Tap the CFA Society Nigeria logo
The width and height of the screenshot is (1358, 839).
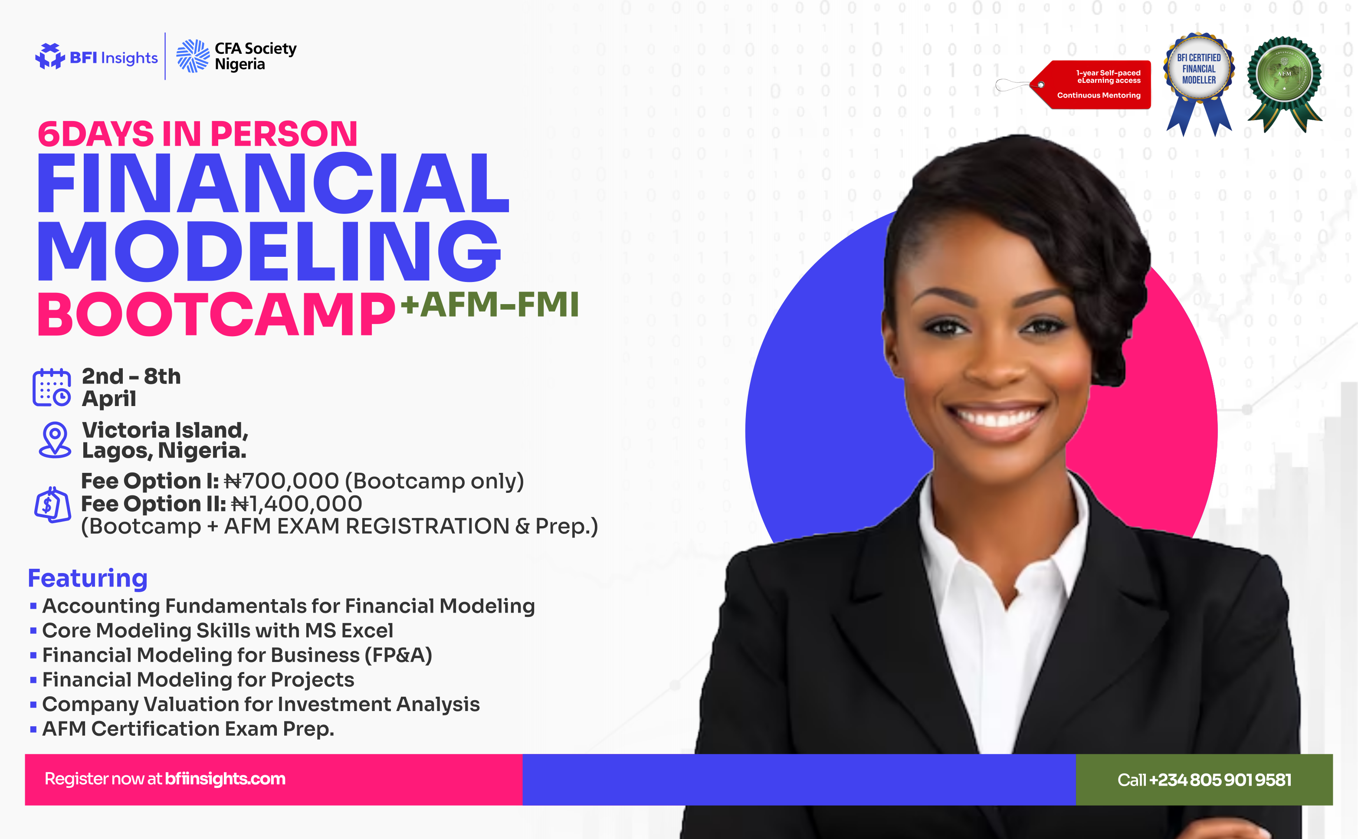236,56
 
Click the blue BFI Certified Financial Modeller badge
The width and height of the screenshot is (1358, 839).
1199,72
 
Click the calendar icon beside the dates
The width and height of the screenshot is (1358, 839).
52,387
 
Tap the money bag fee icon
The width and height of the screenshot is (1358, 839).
52,505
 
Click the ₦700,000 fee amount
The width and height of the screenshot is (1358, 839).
282,481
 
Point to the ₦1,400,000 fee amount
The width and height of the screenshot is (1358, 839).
296,504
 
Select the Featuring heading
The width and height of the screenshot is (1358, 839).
88,578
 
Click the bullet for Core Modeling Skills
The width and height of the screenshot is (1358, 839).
33,630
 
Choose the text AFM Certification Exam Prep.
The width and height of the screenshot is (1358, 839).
188,728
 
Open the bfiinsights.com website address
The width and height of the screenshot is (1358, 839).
225,779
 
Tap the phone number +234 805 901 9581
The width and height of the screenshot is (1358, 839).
1220,780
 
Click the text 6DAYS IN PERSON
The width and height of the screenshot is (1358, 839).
197,134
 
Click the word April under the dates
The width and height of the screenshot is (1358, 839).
109,398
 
